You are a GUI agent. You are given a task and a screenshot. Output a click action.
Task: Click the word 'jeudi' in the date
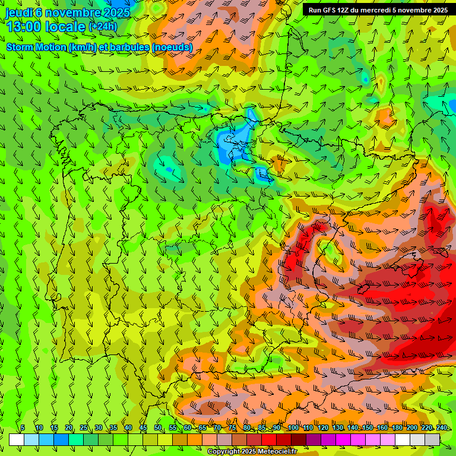coord(18,12)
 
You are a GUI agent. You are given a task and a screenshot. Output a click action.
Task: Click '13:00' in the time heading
coord(23,27)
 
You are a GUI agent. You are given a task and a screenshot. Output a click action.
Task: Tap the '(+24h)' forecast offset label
coord(103,26)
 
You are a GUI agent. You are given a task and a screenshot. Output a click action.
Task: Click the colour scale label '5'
coord(23,428)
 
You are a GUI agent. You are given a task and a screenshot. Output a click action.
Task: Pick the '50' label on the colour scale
coord(158,428)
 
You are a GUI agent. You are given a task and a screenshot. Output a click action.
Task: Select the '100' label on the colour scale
coord(293,428)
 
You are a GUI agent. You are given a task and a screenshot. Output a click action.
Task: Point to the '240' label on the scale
coord(441,428)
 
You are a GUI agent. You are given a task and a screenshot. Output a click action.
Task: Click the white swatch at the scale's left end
coord(17,439)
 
